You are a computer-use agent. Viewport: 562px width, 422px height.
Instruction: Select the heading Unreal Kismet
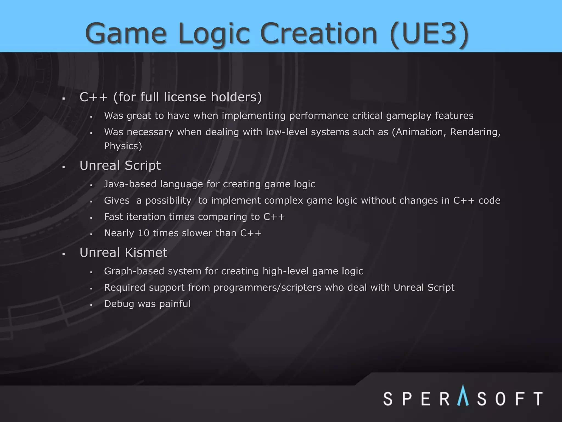[123, 252]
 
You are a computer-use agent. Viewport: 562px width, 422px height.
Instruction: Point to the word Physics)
[123, 146]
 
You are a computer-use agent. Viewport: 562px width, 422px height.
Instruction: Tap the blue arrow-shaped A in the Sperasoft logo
[463, 396]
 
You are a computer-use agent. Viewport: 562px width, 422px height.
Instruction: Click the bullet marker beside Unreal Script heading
[64, 167]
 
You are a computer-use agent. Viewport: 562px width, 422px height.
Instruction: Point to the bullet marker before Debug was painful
[91, 305]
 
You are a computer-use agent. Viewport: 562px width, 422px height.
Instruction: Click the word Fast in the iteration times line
[114, 217]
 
